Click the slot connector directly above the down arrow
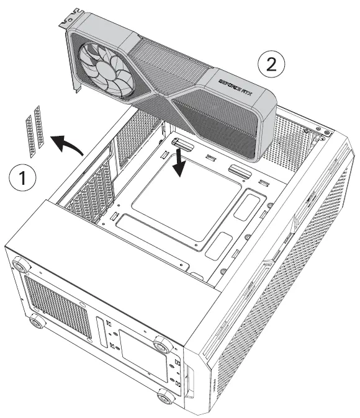coord(182,146)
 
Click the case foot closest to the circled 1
coord(22,265)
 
